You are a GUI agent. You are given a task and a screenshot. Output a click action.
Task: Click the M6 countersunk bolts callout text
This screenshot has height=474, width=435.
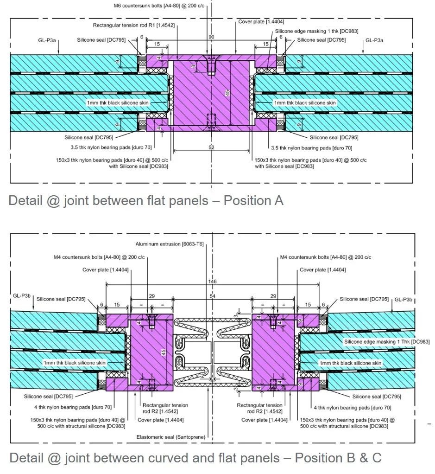pyautogui.click(x=159, y=6)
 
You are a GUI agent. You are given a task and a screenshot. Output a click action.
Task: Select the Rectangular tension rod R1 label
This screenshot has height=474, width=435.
pyautogui.click(x=134, y=25)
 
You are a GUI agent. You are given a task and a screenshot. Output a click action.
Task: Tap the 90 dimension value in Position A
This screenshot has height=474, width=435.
pyautogui.click(x=211, y=37)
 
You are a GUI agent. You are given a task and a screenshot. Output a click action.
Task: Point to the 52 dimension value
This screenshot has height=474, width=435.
pyautogui.click(x=211, y=147)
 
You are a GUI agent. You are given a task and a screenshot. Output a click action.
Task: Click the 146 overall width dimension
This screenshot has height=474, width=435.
pyautogui.click(x=212, y=282)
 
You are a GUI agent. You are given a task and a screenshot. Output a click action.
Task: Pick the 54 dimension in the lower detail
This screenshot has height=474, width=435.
pyautogui.click(x=213, y=296)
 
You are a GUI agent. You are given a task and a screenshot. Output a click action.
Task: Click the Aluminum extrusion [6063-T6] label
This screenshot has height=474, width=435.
pyautogui.click(x=170, y=244)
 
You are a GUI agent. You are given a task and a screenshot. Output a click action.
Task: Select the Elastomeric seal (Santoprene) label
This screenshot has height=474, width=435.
pyautogui.click(x=171, y=437)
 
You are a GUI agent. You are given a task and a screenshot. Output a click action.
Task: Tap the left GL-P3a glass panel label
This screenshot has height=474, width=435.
pyautogui.click(x=47, y=40)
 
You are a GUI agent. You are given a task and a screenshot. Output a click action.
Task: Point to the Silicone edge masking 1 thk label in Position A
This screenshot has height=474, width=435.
pyautogui.click(x=317, y=31)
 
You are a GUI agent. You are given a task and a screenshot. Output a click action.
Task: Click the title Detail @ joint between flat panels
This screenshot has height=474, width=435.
pyautogui.click(x=108, y=200)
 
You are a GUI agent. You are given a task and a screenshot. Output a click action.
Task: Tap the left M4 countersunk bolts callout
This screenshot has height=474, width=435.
pyautogui.click(x=99, y=257)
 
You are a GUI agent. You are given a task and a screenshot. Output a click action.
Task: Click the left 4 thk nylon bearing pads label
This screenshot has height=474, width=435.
pyautogui.click(x=73, y=407)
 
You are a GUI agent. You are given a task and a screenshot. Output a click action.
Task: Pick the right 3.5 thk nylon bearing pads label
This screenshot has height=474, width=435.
pyautogui.click(x=311, y=148)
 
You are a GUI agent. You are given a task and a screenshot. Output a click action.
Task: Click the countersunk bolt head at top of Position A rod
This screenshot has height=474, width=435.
pyautogui.click(x=211, y=58)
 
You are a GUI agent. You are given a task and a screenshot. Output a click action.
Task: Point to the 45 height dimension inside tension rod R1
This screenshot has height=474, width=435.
pyautogui.click(x=227, y=93)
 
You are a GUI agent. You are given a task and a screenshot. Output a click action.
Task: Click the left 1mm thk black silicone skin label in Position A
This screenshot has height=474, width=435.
pyautogui.click(x=118, y=103)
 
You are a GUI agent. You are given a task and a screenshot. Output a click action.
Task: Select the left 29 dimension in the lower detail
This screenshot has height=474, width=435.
pyautogui.click(x=152, y=296)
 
